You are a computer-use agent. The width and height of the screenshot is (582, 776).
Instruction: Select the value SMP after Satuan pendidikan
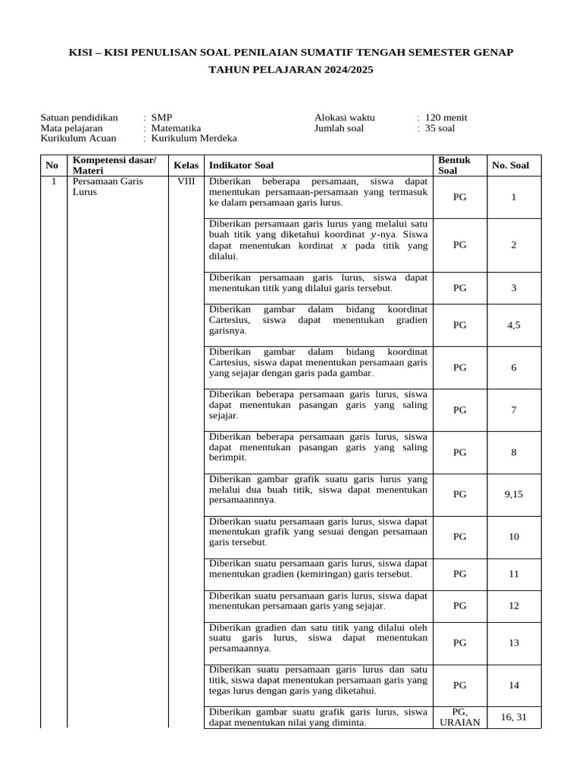click(x=161, y=117)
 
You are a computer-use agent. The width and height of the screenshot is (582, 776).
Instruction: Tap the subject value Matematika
click(x=176, y=128)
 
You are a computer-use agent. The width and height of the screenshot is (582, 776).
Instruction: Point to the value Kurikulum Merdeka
click(x=194, y=139)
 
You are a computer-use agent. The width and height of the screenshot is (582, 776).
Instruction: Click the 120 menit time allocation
click(x=446, y=117)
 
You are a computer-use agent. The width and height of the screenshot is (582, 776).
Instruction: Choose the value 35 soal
click(x=440, y=128)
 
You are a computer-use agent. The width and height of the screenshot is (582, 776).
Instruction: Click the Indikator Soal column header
click(x=242, y=165)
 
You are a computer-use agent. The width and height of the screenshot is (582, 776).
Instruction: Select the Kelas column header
click(x=186, y=165)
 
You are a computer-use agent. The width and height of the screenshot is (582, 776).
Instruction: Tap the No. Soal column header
click(x=511, y=165)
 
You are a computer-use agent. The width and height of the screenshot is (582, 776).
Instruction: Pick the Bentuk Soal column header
click(x=455, y=165)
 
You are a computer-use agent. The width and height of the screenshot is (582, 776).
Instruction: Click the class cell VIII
click(x=186, y=182)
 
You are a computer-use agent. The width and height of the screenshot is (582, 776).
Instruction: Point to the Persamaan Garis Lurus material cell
click(x=107, y=187)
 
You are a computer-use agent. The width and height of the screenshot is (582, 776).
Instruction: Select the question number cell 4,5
click(x=513, y=325)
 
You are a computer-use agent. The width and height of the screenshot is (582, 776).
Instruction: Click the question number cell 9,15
click(x=513, y=494)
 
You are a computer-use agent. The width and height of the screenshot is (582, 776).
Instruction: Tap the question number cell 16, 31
click(x=513, y=717)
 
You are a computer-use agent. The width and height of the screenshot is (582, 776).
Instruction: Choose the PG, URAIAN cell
click(x=460, y=717)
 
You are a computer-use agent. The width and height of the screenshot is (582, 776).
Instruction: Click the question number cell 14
click(x=513, y=685)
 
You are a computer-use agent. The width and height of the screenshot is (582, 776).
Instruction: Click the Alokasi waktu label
click(x=344, y=117)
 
